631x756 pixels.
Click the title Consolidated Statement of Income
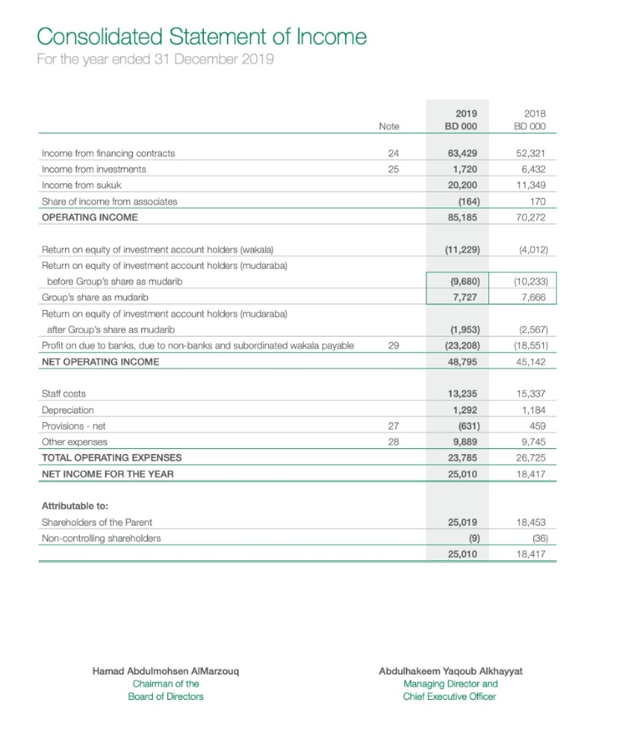click(202, 36)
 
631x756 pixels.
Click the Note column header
click(389, 126)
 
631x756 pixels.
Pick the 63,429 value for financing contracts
click(464, 154)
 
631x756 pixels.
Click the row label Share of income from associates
click(109, 201)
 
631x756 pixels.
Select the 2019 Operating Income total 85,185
click(464, 217)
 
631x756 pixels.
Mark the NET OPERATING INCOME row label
click(100, 362)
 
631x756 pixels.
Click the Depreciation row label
click(68, 410)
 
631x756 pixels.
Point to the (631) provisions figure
click(466, 426)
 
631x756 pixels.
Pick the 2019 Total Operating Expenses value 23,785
click(464, 458)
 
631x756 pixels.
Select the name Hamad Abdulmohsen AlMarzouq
click(166, 672)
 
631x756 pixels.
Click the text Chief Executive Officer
click(450, 696)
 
